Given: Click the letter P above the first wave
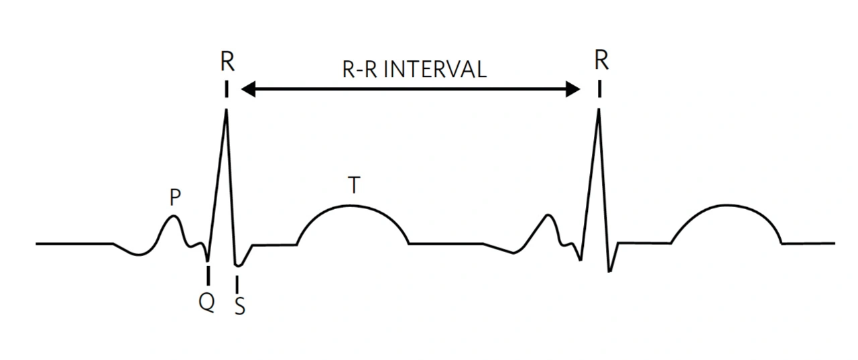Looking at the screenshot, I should (175, 198).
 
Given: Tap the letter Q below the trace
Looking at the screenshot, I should (207, 303).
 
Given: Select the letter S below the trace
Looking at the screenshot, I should (239, 306).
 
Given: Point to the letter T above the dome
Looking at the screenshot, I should (353, 186).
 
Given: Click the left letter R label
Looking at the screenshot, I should (227, 62).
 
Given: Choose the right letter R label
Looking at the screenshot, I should (601, 61).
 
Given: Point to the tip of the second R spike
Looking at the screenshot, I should (599, 109).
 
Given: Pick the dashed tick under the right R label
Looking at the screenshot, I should (599, 88).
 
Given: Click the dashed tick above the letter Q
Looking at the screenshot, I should (208, 276).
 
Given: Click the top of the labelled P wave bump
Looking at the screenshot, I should (174, 216).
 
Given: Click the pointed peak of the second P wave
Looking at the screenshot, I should (549, 215).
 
